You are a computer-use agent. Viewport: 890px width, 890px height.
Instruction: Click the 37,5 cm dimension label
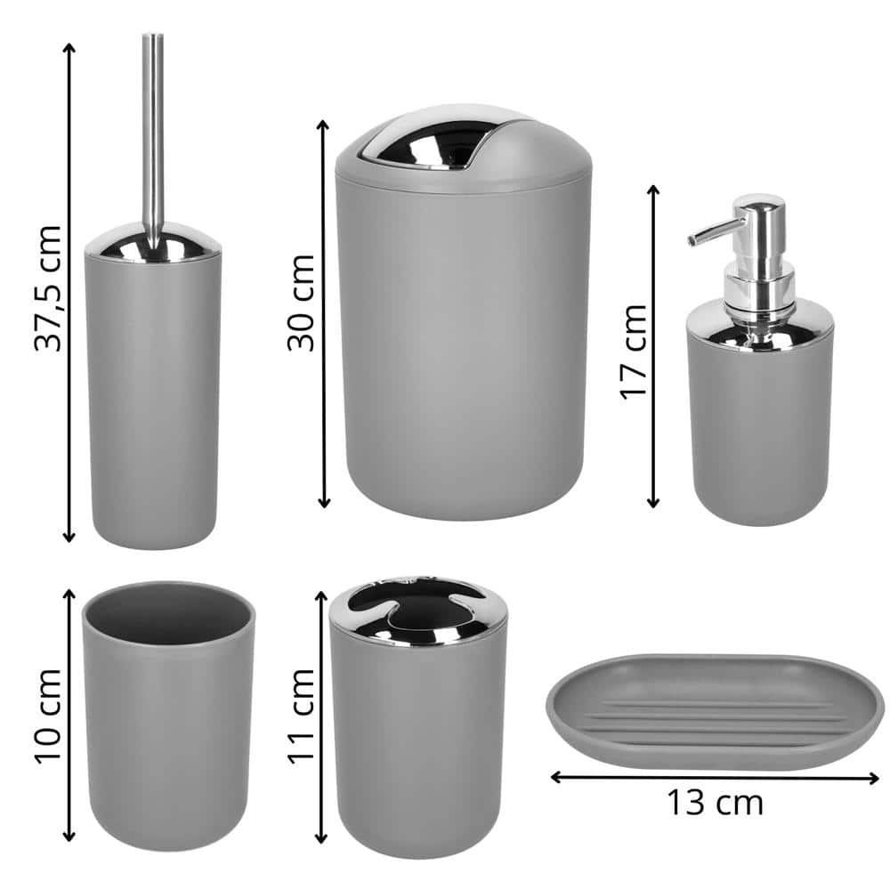[48, 289]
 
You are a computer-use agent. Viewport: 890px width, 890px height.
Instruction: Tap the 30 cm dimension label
[301, 303]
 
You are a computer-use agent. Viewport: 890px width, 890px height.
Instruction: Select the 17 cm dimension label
[633, 352]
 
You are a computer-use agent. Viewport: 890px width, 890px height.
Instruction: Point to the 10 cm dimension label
[48, 716]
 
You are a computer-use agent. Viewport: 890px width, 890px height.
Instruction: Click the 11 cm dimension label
[301, 716]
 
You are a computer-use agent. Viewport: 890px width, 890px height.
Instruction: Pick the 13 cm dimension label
[715, 803]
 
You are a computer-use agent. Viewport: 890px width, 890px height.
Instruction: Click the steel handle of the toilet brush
[153, 142]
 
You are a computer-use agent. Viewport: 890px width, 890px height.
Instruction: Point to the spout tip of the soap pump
[692, 240]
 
